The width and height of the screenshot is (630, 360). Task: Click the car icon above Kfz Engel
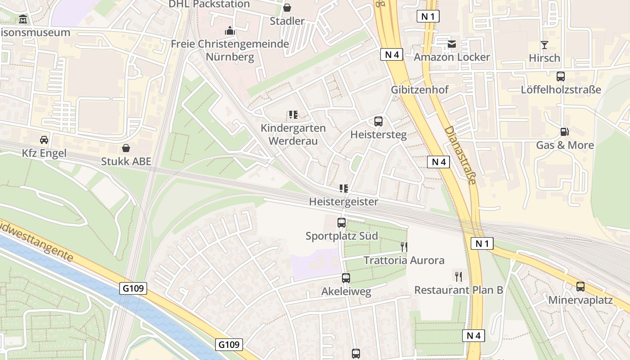pyautogui.click(x=44, y=139)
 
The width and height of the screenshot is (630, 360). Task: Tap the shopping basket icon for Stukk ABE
pyautogui.click(x=126, y=148)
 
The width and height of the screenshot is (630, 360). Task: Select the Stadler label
pyautogui.click(x=287, y=21)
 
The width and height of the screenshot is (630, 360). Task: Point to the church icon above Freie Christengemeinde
pyautogui.click(x=230, y=31)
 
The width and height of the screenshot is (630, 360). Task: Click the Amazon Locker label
pyautogui.click(x=451, y=57)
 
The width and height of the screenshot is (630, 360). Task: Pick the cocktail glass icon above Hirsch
pyautogui.click(x=544, y=45)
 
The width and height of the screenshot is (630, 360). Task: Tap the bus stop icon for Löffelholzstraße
pyautogui.click(x=561, y=76)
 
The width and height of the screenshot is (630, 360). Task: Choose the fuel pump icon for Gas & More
pyautogui.click(x=564, y=132)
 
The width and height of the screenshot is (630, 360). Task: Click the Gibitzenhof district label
pyautogui.click(x=419, y=90)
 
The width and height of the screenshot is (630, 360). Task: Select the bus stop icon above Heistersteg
pyautogui.click(x=378, y=121)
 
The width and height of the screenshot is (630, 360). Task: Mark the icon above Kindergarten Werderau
pyautogui.click(x=293, y=115)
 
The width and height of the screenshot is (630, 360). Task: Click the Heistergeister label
pyautogui.click(x=343, y=202)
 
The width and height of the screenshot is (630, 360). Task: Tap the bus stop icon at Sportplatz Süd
pyautogui.click(x=342, y=222)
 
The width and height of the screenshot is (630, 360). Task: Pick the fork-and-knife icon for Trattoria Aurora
pyautogui.click(x=404, y=247)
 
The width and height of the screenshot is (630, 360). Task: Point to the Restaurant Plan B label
pyautogui.click(x=459, y=290)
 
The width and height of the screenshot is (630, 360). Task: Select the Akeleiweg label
pyautogui.click(x=346, y=292)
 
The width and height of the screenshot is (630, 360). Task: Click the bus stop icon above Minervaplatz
pyautogui.click(x=580, y=286)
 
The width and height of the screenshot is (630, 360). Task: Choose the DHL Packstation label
pyautogui.click(x=209, y=4)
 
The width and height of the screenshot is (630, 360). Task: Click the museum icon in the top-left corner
pyautogui.click(x=23, y=19)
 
